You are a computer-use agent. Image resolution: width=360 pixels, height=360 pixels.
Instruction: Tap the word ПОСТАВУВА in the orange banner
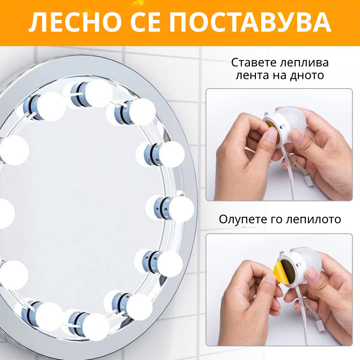250,22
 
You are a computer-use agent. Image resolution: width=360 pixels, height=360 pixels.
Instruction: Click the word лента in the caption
252,76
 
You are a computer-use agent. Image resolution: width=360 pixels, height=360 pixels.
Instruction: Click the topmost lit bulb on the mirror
98,93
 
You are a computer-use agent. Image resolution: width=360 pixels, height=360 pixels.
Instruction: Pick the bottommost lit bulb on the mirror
96,326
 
